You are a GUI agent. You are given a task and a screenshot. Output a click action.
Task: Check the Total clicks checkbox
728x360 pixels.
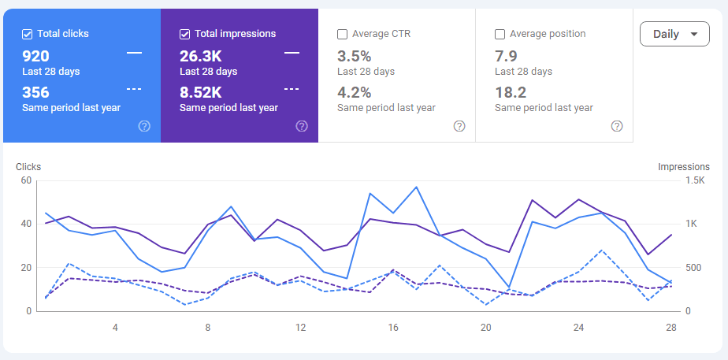coord(28,34)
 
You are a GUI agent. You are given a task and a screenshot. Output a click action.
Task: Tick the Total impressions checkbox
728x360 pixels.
coord(185,34)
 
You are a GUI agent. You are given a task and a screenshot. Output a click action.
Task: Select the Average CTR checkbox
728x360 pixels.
coord(343,34)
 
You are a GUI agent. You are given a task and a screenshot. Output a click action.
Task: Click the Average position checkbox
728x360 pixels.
coord(500,34)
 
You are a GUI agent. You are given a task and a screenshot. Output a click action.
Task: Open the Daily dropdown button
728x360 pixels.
coord(675,35)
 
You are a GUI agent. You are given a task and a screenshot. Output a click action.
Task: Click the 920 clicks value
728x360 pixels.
coord(35,56)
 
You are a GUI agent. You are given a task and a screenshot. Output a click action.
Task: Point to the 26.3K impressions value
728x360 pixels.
coord(200,56)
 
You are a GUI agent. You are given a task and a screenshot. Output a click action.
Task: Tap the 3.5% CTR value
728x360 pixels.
coord(354,56)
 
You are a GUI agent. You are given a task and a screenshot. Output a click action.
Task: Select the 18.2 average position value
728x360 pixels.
coord(510,92)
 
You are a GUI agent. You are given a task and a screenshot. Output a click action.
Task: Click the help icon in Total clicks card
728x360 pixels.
coord(144,126)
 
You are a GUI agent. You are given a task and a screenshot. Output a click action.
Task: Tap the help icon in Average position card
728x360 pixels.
coord(617,126)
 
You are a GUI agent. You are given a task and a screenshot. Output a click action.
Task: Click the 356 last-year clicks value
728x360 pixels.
coord(35,92)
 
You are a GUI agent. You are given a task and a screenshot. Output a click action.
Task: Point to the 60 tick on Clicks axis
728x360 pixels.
coord(25,180)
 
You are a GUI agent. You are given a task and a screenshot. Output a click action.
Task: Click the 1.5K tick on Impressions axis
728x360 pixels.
coord(695,180)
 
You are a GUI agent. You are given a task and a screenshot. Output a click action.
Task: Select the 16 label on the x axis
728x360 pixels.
coord(393,328)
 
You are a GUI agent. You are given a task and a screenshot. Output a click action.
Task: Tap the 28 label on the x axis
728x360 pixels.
coord(670,328)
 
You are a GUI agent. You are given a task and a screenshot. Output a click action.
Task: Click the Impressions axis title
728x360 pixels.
coord(683,166)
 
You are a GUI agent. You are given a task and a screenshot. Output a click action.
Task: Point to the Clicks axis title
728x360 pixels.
coord(28,166)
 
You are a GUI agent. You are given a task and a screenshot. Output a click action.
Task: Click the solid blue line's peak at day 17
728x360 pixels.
coord(416,187)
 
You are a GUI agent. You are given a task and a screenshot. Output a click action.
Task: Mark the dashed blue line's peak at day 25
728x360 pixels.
coord(601,251)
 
